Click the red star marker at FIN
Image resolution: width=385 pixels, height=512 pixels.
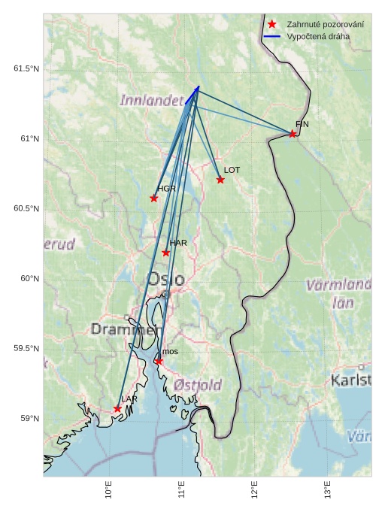293,134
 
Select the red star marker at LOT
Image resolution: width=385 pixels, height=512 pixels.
220,180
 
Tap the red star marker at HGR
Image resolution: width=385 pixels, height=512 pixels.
154,198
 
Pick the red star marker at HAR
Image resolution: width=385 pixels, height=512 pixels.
166,253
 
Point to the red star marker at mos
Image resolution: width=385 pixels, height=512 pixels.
159,362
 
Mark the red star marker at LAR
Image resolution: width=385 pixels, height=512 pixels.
117,409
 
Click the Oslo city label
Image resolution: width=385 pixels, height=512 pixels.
165,280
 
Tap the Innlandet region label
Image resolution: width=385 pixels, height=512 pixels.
152,100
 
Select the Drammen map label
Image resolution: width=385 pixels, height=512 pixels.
126,329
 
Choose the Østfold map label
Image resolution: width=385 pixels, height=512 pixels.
198,385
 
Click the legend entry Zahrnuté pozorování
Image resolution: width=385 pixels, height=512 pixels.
320,25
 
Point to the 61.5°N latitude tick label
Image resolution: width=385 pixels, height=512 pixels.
26,68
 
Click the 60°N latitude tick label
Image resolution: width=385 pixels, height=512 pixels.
29,278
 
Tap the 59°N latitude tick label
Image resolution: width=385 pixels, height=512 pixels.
29,418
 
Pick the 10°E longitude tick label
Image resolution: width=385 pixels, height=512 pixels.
109,489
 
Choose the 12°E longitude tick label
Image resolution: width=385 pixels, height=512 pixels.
255,489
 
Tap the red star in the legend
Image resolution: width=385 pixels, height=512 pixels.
272,25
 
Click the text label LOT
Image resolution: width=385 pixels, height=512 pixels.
232,170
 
